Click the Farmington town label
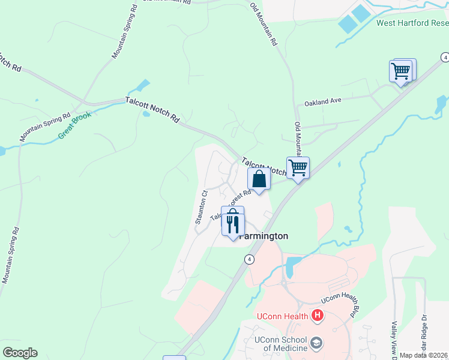click(x=264, y=236)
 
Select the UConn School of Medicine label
click(x=280, y=344)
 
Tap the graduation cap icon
click(x=317, y=344)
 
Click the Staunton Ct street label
click(x=200, y=207)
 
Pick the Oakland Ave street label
click(x=322, y=102)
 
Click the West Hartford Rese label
click(x=412, y=23)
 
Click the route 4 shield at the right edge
click(x=445, y=57)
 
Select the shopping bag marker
click(x=259, y=179)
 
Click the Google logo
click(x=20, y=352)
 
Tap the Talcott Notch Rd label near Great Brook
click(x=152, y=110)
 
